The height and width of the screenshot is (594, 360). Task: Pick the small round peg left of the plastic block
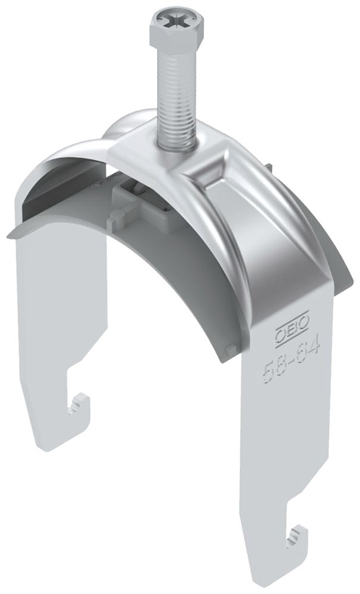coord(116,217)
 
